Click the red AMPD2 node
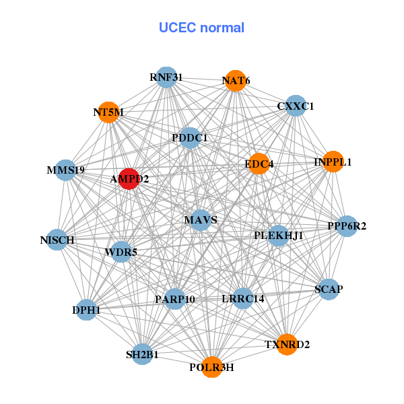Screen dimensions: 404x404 pyautogui.click(x=129, y=179)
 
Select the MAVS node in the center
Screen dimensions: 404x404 pyautogui.click(x=200, y=220)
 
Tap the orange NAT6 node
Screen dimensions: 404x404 pyautogui.click(x=235, y=81)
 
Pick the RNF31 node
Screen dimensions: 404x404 pyautogui.click(x=166, y=77)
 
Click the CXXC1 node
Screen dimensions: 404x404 pyautogui.click(x=296, y=106)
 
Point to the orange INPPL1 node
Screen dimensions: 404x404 pyautogui.click(x=333, y=162)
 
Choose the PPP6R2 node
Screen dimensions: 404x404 pyautogui.click(x=347, y=226)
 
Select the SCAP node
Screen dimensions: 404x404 pyautogui.click(x=329, y=290)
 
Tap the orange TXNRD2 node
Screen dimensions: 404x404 pyautogui.click(x=287, y=345)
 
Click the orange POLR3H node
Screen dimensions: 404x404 pyautogui.click(x=211, y=367)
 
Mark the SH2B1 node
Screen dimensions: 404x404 pyautogui.click(x=142, y=354)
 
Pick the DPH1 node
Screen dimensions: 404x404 pyautogui.click(x=86, y=310)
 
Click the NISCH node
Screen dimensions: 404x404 pyautogui.click(x=57, y=240)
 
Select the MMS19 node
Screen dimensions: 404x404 pyautogui.click(x=66, y=170)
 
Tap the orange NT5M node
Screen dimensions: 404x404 pyautogui.click(x=108, y=112)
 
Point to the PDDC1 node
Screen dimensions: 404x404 pyautogui.click(x=190, y=138)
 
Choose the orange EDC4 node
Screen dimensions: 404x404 pyautogui.click(x=259, y=164)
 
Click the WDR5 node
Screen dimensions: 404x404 pyautogui.click(x=121, y=252)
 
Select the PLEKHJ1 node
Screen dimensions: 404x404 pyautogui.click(x=278, y=236)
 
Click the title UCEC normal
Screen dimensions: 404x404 pyautogui.click(x=201, y=28)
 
